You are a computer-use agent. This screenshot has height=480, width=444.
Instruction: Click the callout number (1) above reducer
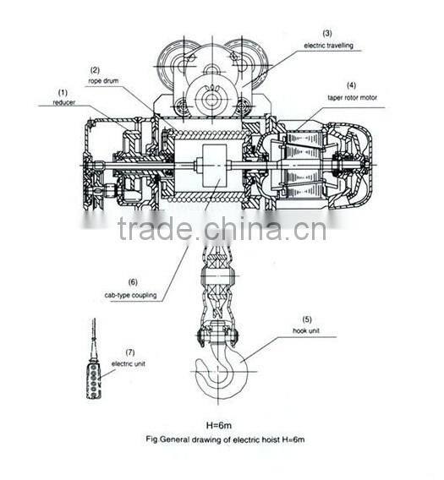pyautogui.click(x=63, y=92)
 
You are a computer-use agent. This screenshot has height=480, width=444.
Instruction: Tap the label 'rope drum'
pyautogui.click(x=103, y=81)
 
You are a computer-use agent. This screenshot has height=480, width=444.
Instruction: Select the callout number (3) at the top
pyautogui.click(x=327, y=33)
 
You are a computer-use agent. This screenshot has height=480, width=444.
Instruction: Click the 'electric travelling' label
pyautogui.click(x=328, y=46)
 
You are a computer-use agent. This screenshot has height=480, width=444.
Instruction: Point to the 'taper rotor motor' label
pyautogui.click(x=352, y=98)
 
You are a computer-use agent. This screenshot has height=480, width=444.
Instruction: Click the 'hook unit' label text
pyautogui.click(x=306, y=330)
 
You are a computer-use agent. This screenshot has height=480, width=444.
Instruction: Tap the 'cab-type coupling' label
pyautogui.click(x=130, y=296)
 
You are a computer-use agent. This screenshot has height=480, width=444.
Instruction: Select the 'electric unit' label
pyautogui.click(x=128, y=364)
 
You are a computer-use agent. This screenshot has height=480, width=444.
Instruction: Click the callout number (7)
pyautogui.click(x=130, y=352)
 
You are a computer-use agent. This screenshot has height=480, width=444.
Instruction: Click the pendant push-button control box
pyautogui.click(x=94, y=380)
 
